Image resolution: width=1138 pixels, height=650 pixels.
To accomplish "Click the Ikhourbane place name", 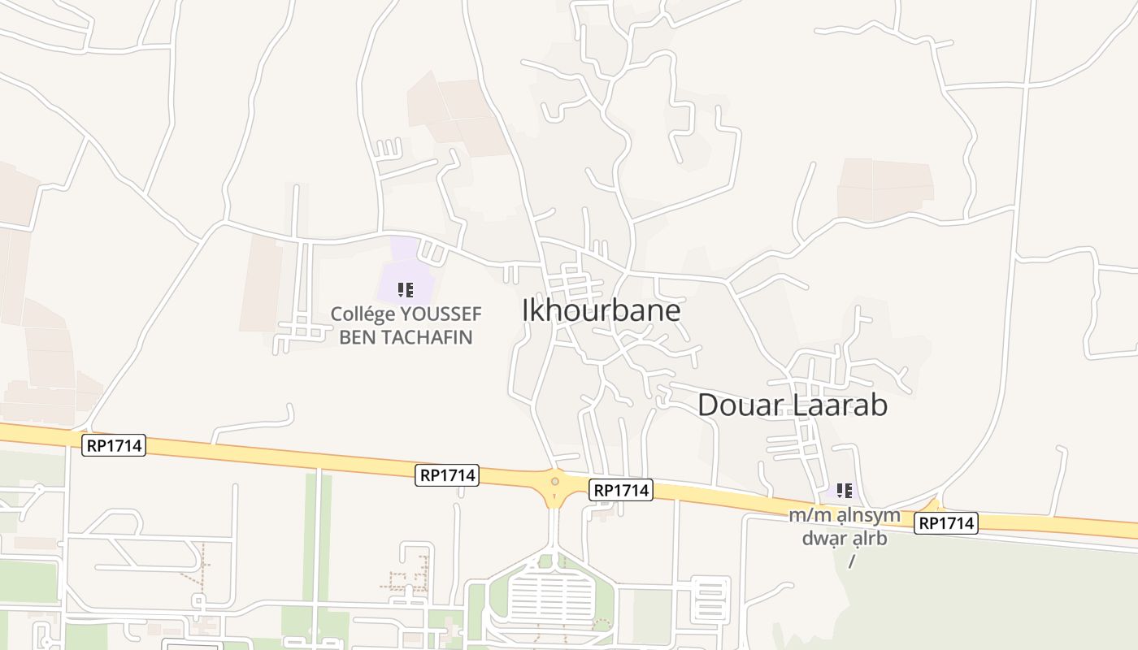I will click(x=601, y=310).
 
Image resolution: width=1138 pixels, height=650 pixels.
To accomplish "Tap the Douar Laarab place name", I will click(x=793, y=405).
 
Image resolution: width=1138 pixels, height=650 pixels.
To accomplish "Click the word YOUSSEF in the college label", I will click(x=441, y=314).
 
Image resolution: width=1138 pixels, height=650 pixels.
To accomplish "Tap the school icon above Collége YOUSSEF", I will click(x=406, y=290).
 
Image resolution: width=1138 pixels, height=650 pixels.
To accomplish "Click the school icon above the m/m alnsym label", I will click(x=845, y=490).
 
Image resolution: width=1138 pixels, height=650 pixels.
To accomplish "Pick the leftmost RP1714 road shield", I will click(x=114, y=445).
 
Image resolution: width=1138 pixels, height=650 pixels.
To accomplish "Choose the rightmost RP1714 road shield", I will click(x=946, y=523).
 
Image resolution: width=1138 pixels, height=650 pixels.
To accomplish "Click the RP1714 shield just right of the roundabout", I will click(x=622, y=490).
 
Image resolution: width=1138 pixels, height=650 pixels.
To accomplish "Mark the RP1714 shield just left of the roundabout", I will click(x=447, y=475).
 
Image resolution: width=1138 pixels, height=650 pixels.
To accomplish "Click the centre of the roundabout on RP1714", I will click(x=555, y=482).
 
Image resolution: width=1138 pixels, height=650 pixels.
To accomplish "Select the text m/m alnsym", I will click(x=845, y=515).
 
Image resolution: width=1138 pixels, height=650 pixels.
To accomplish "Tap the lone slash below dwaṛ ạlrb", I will click(x=852, y=561).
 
